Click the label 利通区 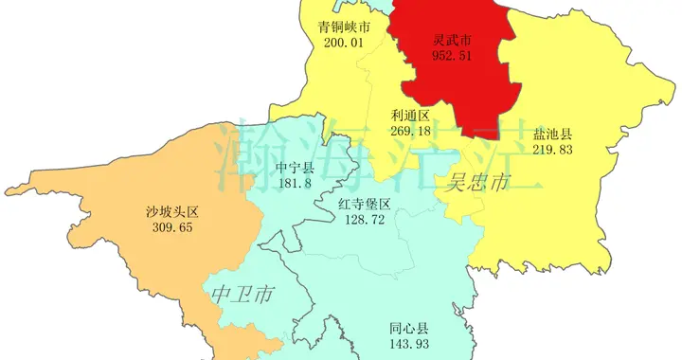tap(410, 116)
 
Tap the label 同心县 tap(409, 328)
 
